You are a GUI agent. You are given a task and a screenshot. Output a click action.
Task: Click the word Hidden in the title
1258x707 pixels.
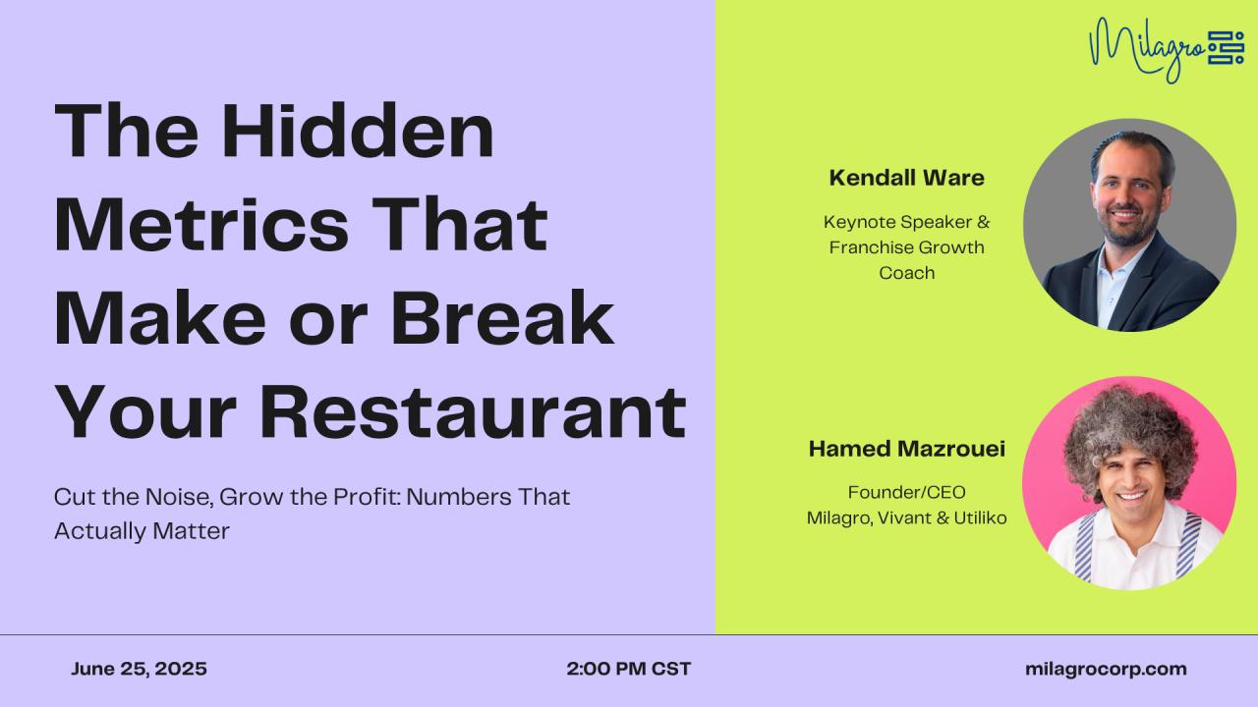pos(357,131)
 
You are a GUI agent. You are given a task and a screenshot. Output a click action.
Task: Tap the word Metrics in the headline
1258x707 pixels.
pos(201,225)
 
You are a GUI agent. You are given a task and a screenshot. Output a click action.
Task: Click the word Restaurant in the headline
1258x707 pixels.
pos(473,412)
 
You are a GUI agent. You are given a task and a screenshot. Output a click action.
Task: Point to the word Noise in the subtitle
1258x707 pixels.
pos(179,497)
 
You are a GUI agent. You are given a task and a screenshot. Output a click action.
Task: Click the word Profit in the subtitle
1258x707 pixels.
pos(368,497)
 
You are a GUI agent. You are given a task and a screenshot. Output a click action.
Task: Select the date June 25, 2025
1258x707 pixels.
pos(139,669)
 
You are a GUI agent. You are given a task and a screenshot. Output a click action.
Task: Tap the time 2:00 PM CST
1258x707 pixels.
pos(628,669)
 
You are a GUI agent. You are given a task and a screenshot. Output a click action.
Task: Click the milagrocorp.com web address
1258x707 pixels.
pos(1106,669)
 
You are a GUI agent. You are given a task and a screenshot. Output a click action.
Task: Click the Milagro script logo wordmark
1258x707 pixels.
pos(1146,50)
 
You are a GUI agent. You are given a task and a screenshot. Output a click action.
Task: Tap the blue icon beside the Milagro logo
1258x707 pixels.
pos(1226,48)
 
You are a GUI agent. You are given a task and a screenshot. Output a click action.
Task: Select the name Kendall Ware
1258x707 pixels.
pos(906,178)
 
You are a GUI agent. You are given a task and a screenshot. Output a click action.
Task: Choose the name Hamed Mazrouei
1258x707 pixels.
pos(906,449)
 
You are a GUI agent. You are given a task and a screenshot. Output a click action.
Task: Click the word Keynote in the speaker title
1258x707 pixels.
pos(862,222)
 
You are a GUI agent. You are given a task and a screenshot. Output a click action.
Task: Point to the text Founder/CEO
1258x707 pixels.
pos(906,493)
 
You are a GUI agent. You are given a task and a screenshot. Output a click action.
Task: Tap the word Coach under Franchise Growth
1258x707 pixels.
pos(906,273)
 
